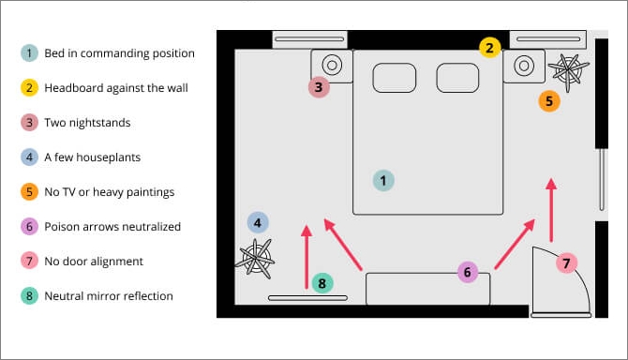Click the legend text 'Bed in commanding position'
click(119, 53)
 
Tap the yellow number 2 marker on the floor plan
click(489, 47)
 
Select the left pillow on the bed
click(394, 78)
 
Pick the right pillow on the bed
click(457, 78)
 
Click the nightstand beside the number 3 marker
click(333, 66)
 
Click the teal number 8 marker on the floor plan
click(322, 283)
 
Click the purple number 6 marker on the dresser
click(468, 273)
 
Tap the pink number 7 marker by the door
click(566, 262)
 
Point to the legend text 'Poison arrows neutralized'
click(112, 227)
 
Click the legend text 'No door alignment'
click(93, 262)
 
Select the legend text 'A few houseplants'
click(92, 157)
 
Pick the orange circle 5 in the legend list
click(29, 192)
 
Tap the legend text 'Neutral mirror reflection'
click(109, 296)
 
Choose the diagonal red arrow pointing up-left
click(343, 245)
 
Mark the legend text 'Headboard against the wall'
click(116, 88)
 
